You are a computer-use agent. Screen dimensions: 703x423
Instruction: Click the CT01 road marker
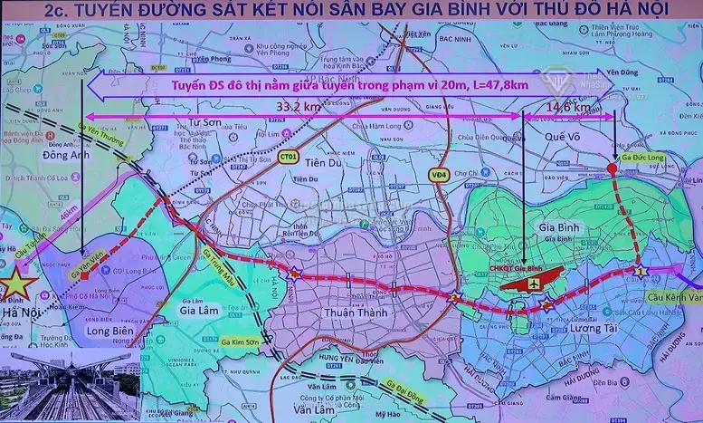coord(290,157)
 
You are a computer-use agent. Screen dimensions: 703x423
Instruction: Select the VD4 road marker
coord(440,174)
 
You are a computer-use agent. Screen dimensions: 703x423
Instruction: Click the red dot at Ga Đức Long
coord(613,169)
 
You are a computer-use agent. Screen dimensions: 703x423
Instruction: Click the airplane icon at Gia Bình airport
coord(536,283)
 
